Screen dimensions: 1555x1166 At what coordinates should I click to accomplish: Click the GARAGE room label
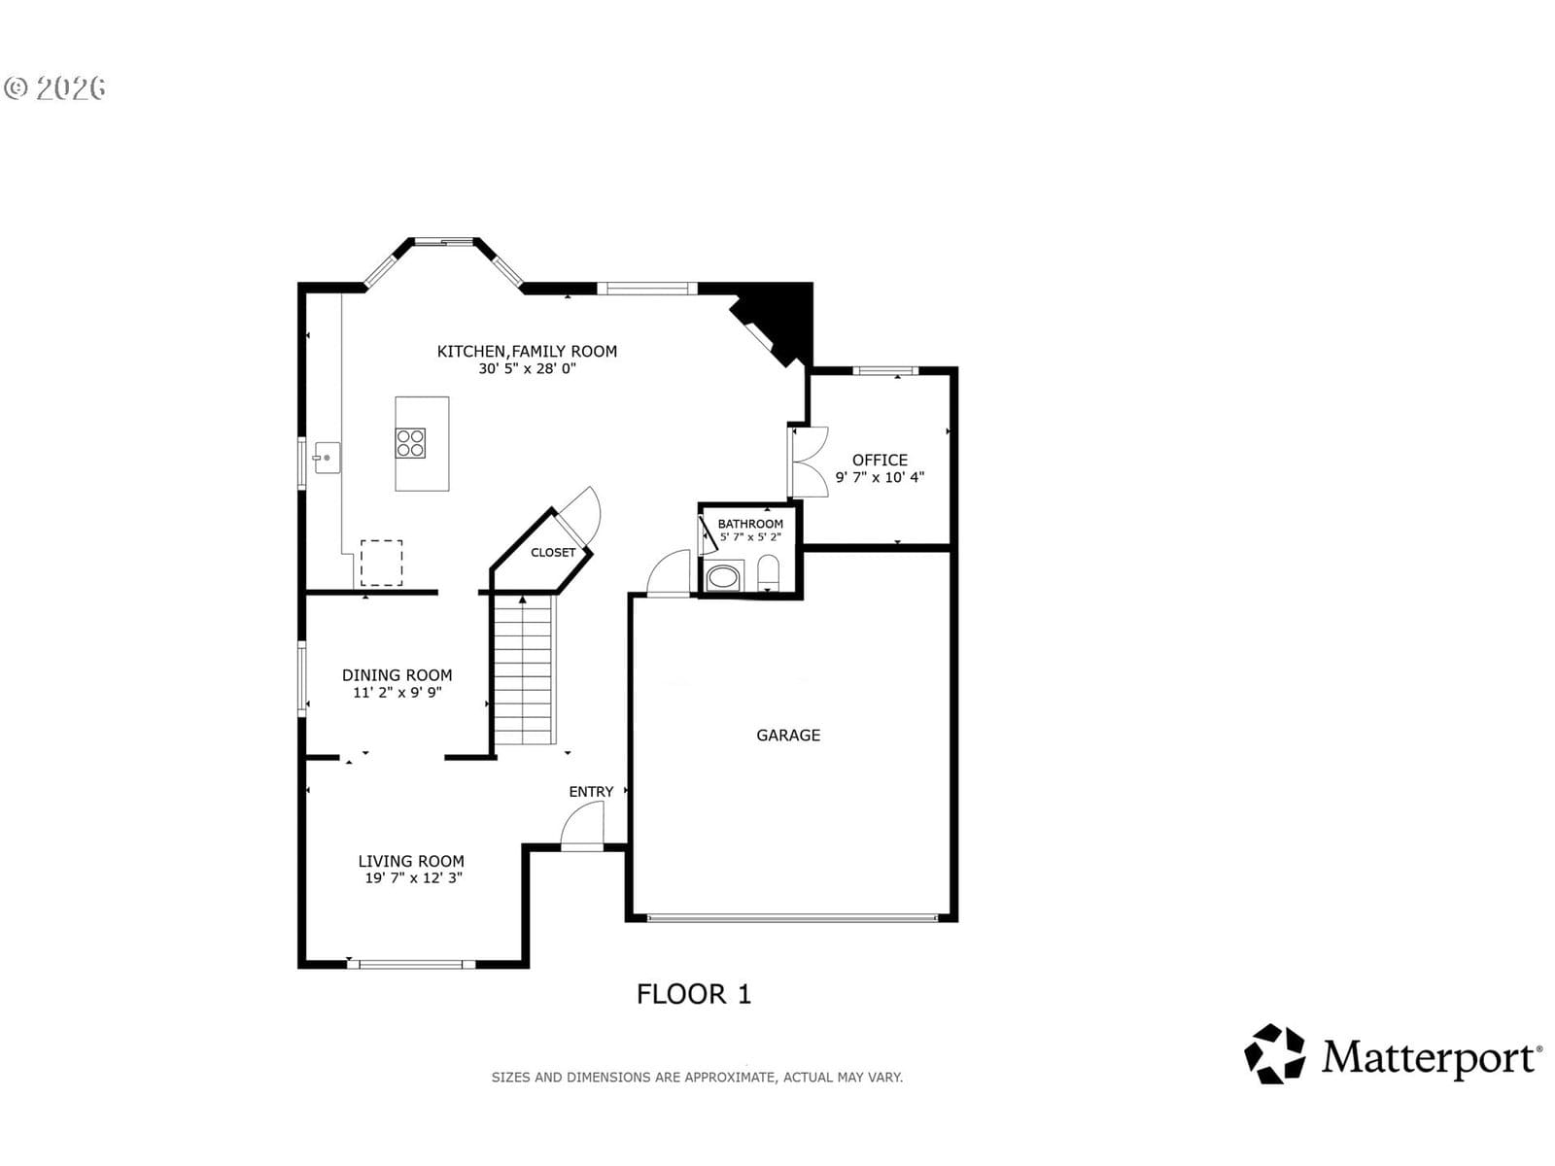pyautogui.click(x=788, y=736)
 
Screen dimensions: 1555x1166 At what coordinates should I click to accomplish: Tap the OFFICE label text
pyautogui.click(x=880, y=461)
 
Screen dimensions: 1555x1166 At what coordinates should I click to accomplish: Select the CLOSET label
pyautogui.click(x=553, y=552)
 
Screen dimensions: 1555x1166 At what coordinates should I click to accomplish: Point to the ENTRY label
pyautogui.click(x=591, y=792)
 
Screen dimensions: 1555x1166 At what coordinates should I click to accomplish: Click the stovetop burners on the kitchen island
pyautogui.click(x=411, y=443)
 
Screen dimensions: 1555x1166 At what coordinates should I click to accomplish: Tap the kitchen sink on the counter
pyautogui.click(x=327, y=458)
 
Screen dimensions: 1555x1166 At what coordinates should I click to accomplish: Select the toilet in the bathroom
pyautogui.click(x=768, y=572)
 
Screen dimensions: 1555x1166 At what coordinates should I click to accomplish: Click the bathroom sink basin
pyautogui.click(x=723, y=576)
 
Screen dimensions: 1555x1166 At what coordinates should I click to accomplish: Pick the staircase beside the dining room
pyautogui.click(x=524, y=669)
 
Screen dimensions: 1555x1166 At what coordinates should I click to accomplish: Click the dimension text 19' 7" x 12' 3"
pyautogui.click(x=414, y=877)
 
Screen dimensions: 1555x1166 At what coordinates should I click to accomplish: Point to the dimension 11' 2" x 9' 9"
pyautogui.click(x=397, y=693)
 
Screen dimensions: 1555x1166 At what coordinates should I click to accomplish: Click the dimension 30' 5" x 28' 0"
pyautogui.click(x=527, y=368)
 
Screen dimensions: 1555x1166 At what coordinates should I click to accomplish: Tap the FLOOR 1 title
pyautogui.click(x=694, y=994)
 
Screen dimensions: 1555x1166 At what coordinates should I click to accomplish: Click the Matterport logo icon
pyautogui.click(x=1274, y=1053)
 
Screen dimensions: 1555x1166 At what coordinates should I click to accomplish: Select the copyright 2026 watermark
pyautogui.click(x=54, y=87)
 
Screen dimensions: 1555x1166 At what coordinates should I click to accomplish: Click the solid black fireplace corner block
pyautogui.click(x=779, y=319)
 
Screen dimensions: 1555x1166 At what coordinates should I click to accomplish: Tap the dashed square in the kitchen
pyautogui.click(x=382, y=563)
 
